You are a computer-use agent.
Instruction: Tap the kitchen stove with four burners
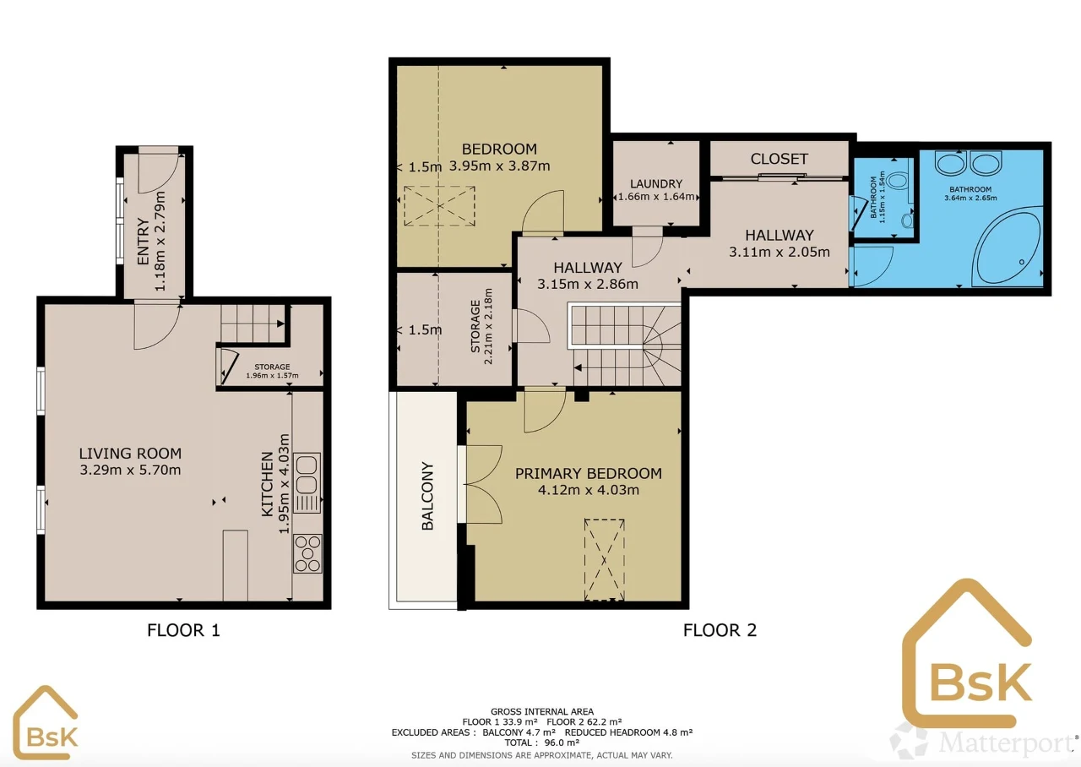pos(307,553)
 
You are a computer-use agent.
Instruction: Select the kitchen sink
pos(307,482)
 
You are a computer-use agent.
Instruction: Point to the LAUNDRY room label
pos(656,184)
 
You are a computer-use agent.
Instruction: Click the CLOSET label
pos(779,159)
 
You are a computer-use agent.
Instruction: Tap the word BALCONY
pos(427,496)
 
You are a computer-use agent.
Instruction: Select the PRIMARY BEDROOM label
pos(589,474)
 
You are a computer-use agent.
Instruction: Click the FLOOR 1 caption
pos(183,630)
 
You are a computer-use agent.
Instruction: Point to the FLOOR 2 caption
pos(720,630)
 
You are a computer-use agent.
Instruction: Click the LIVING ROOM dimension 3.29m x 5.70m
pos(130,470)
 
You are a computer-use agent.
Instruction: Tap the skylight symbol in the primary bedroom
pos(604,560)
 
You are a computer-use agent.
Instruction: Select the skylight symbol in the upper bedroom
pos(439,206)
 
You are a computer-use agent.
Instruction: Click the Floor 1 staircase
pos(253,324)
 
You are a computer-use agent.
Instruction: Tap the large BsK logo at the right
pos(967,654)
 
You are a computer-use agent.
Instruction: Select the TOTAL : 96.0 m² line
pos(541,743)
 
